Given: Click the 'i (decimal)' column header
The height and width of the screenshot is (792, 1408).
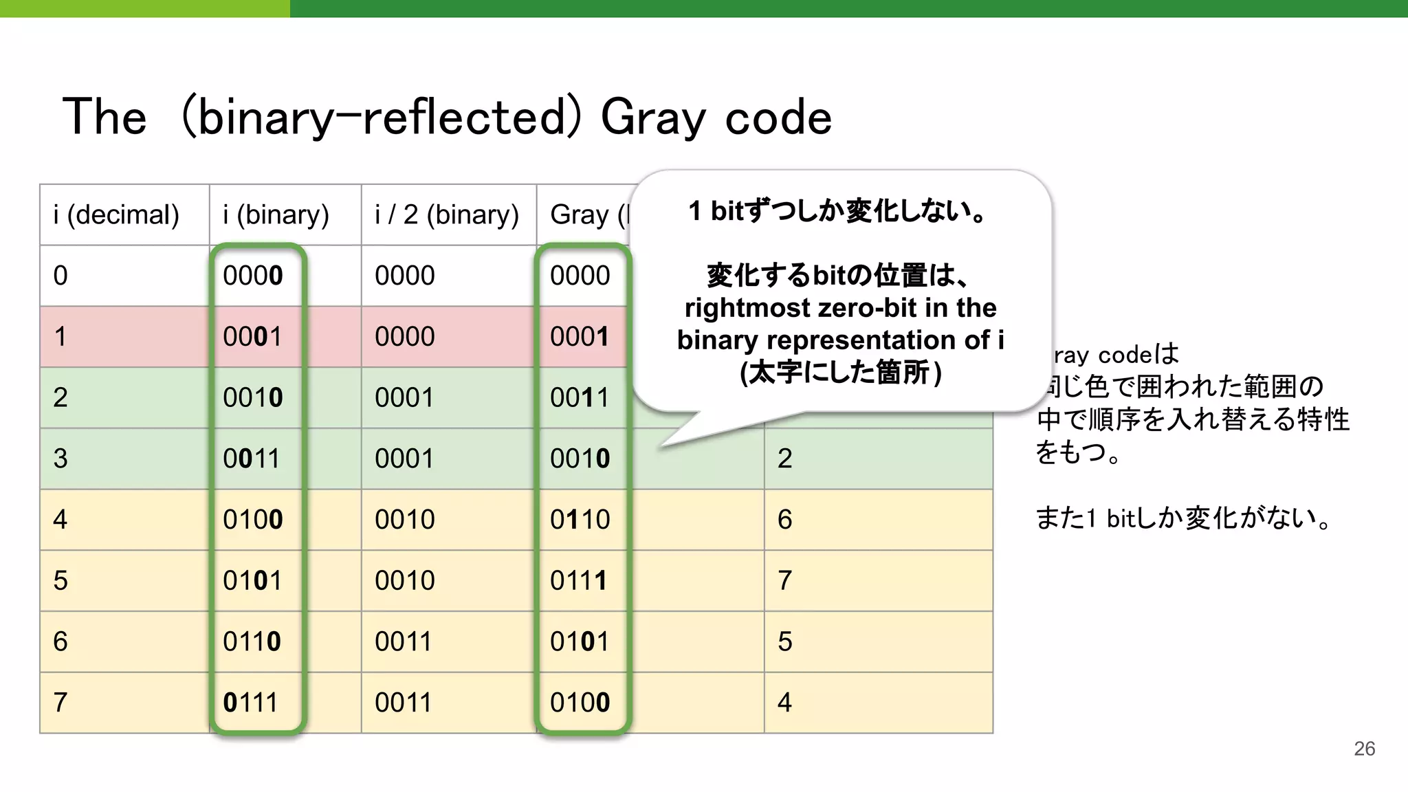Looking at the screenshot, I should pos(116,215).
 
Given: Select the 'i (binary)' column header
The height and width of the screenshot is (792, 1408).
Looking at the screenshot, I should pos(276,215).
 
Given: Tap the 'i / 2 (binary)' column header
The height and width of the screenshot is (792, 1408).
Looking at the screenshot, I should pos(447,215).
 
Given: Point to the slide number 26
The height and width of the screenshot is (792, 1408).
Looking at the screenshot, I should pos(1364,749).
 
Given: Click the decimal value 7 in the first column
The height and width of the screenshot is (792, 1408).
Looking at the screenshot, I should pos(60,703).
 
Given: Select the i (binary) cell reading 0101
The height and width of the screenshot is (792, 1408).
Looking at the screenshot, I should pos(252,581).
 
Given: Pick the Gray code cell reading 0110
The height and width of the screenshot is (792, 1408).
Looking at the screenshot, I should pos(580,520).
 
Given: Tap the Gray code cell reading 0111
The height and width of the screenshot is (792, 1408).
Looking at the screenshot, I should pos(579,581).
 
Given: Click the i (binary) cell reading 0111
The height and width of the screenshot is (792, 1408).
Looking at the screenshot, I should pos(251,703).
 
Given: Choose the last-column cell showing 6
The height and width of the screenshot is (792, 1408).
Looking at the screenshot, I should pos(784,520).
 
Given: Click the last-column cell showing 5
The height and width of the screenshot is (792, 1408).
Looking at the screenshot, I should pos(784,641).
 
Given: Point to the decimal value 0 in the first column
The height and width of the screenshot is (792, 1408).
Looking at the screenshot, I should pos(60,276).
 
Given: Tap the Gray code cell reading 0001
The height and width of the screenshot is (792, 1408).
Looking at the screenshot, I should pos(580,337).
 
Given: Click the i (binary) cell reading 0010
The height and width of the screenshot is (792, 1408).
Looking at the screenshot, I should pos(252,398).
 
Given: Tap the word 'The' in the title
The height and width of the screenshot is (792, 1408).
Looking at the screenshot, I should pos(104,118).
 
